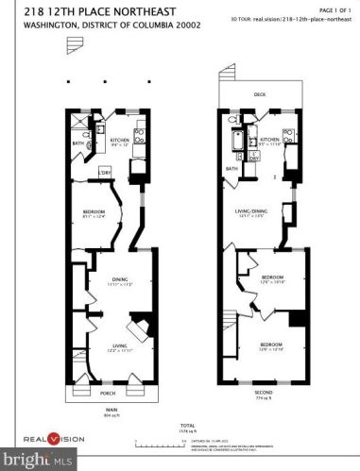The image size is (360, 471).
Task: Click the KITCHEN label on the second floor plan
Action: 270,141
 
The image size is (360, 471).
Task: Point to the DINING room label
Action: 119,278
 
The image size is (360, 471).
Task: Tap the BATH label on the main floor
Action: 78,143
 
